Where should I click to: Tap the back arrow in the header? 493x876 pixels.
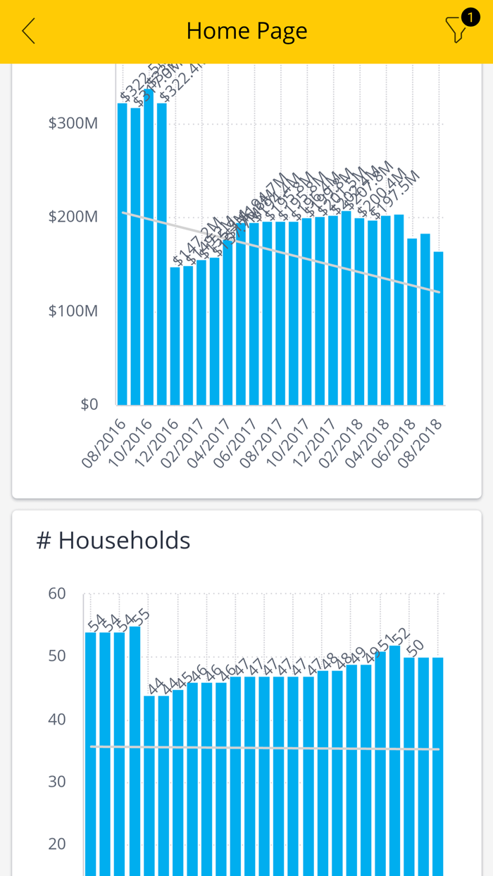click(x=28, y=31)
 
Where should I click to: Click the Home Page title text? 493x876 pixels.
click(x=246, y=31)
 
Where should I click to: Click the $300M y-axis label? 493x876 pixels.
click(x=73, y=123)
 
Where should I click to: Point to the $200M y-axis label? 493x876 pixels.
click(x=73, y=217)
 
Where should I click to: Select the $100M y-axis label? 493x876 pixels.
click(x=73, y=311)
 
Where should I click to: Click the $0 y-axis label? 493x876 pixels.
click(x=89, y=404)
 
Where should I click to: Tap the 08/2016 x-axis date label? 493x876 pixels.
click(x=104, y=444)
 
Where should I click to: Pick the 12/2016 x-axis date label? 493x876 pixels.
click(x=157, y=444)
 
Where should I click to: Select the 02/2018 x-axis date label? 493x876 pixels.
click(x=341, y=444)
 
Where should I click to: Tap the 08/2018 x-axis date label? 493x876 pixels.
click(x=420, y=444)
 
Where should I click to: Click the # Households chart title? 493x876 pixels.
click(x=113, y=540)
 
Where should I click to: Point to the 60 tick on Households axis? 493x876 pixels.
click(x=57, y=594)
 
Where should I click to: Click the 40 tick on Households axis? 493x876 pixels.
click(x=57, y=719)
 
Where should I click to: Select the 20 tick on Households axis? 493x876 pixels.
click(x=57, y=844)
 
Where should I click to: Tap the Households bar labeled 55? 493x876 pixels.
click(x=135, y=746)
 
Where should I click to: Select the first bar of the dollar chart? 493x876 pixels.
click(x=123, y=254)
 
